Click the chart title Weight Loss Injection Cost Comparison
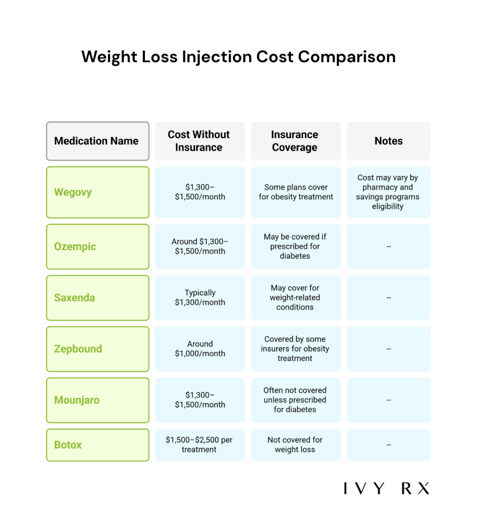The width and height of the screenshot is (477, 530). point(238,57)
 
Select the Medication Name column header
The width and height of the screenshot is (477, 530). point(97,141)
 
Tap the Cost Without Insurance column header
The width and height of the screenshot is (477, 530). point(199,141)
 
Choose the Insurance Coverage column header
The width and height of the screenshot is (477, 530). point(295,141)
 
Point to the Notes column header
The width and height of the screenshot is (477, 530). point(389,141)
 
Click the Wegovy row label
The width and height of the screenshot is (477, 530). point(73,192)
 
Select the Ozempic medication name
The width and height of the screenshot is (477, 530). point(75,246)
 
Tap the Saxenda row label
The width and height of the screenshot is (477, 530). point(74,298)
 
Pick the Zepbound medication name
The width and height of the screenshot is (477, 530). point(78,349)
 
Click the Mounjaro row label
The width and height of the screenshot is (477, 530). point(77,400)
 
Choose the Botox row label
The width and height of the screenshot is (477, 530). point(68,445)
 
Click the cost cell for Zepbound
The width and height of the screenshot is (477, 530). point(200,349)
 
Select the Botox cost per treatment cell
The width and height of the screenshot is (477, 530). point(199,445)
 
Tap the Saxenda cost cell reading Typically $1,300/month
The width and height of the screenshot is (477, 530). point(200,298)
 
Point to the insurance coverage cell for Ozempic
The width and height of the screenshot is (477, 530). point(295,246)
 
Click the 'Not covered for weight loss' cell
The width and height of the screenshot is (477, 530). point(295,445)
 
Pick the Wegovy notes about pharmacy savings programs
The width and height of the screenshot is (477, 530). point(388,192)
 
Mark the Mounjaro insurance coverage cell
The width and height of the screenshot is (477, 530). point(295,400)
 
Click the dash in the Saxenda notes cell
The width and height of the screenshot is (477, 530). point(389,298)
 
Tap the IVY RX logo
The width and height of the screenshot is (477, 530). point(386,488)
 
